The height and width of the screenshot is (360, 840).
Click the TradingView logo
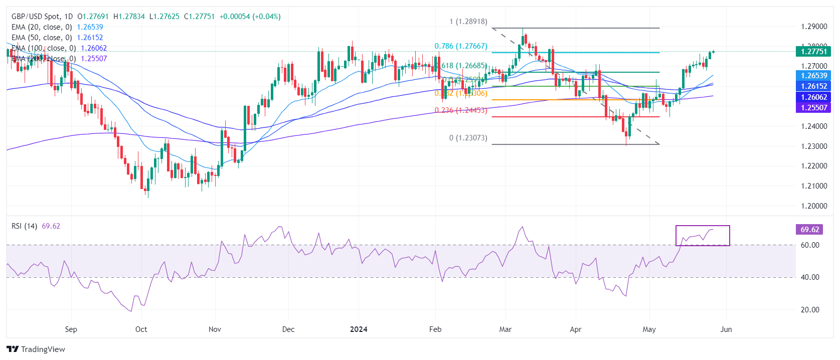point(36,349)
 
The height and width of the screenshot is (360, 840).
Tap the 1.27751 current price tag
point(813,51)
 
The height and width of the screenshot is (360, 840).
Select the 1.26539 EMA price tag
point(813,76)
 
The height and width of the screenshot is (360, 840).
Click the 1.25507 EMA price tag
point(813,107)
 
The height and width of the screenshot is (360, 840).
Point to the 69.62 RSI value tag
point(809,230)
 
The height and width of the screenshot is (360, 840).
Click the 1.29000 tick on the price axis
point(813,27)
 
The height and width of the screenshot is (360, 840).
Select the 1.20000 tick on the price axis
point(813,206)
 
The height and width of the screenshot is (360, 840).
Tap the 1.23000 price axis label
point(813,146)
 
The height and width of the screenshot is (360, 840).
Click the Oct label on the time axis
point(141,329)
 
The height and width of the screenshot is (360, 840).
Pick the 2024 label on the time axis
point(359,329)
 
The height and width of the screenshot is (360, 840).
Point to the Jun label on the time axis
point(726,329)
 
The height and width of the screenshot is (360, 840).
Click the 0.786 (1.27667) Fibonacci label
point(460,46)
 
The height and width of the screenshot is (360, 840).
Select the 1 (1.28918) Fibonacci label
point(468,22)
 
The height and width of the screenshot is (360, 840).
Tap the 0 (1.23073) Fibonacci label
point(468,138)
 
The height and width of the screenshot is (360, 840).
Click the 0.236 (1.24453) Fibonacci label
point(460,110)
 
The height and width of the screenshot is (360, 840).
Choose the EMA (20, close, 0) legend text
point(42,27)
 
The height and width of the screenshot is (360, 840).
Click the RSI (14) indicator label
point(24,226)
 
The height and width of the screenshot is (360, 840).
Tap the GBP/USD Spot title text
point(35,17)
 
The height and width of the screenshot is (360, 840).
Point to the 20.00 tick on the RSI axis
point(810,310)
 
